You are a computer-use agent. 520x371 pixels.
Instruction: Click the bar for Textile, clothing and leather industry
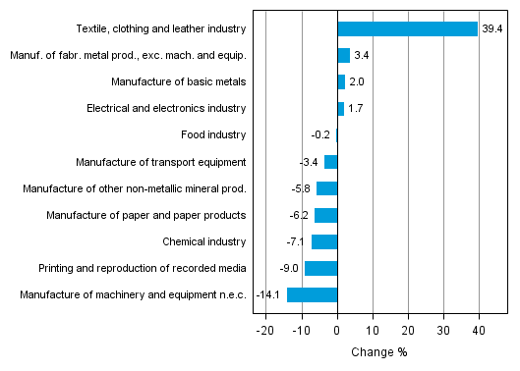pyautogui.click(x=407, y=29)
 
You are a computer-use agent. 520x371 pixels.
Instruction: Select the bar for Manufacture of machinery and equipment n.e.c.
pyautogui.click(x=312, y=294)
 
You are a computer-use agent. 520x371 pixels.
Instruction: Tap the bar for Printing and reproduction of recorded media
pyautogui.click(x=320, y=268)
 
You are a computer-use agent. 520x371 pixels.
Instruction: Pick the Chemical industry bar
pyautogui.click(x=324, y=241)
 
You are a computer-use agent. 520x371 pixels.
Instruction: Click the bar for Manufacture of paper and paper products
pyautogui.click(x=325, y=215)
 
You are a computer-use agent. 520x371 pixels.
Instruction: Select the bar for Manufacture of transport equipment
pyautogui.click(x=330, y=162)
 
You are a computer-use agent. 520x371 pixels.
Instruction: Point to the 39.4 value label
pyautogui.click(x=492, y=29)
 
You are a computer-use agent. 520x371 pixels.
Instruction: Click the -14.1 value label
pyautogui.click(x=269, y=294)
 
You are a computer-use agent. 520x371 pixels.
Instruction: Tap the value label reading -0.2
pyautogui.click(x=319, y=135)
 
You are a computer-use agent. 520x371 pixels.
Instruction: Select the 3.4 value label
pyautogui.click(x=362, y=56)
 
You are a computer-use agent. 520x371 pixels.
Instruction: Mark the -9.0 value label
pyautogui.click(x=289, y=268)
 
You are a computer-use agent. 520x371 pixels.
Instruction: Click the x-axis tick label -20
pyautogui.click(x=264, y=331)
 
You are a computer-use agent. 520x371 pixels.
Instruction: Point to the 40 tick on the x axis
pyautogui.click(x=479, y=331)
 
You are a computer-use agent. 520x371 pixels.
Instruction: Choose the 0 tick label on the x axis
pyautogui.click(x=337, y=331)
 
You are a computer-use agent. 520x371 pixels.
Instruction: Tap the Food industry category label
pyautogui.click(x=213, y=135)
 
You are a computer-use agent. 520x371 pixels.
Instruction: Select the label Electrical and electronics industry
pyautogui.click(x=166, y=109)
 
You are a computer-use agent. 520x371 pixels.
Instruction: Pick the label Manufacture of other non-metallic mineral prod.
pyautogui.click(x=132, y=188)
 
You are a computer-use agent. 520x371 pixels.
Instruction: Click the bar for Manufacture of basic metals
pyautogui.click(x=341, y=82)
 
